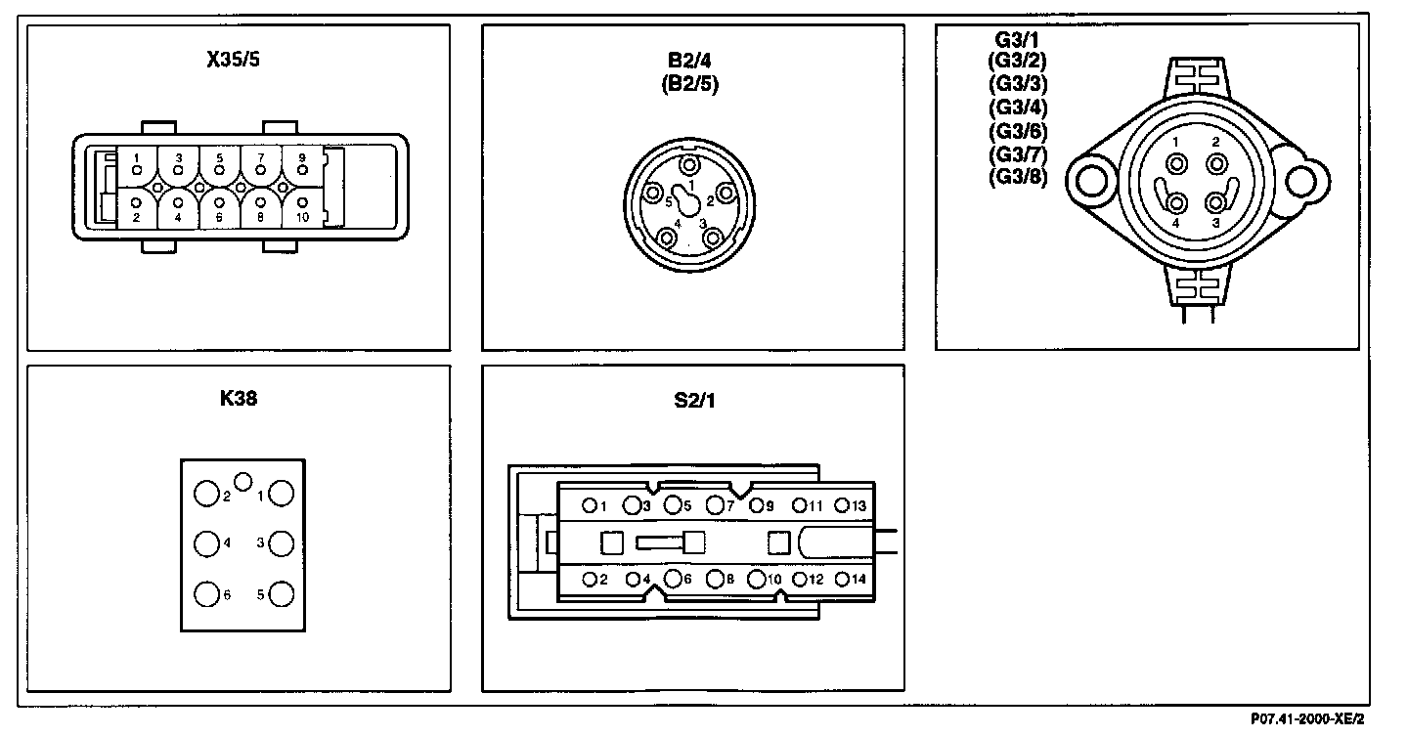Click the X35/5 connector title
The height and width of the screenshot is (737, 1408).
(x=233, y=58)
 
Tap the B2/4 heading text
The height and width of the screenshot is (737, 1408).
(x=690, y=62)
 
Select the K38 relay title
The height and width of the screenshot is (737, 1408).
(x=239, y=398)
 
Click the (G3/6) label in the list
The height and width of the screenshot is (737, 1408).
(x=1018, y=132)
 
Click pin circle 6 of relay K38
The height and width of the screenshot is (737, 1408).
(x=206, y=593)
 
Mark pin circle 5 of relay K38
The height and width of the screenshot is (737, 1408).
(x=282, y=593)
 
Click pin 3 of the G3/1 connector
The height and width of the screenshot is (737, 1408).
(x=1215, y=202)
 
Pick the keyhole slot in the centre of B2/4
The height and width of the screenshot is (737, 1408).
(x=688, y=203)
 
